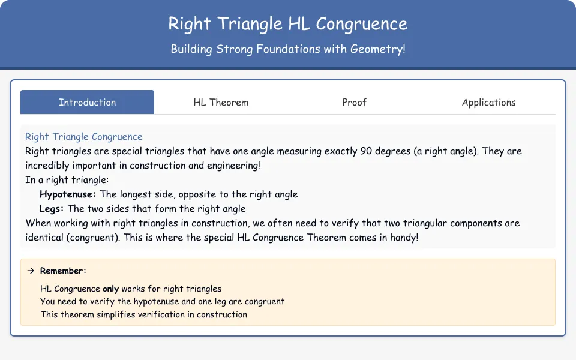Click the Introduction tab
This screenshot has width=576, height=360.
87,102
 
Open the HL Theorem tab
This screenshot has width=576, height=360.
221,102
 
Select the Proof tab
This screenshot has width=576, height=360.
355,102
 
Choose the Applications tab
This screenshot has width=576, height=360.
488,102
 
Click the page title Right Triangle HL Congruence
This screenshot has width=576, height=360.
287,24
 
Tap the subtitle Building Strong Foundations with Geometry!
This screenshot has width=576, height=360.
287,49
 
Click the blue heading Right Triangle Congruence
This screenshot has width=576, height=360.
84,137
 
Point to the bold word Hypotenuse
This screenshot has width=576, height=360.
66,194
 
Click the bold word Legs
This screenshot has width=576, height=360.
50,209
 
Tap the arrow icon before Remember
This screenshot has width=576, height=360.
31,271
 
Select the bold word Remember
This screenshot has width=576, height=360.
61,271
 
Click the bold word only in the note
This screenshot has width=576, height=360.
110,289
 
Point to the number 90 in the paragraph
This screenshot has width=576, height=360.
366,151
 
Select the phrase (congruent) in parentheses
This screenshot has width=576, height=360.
93,238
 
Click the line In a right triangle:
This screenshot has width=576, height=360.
67,180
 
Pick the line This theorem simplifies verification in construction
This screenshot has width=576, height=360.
143,314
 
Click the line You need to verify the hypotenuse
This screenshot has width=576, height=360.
162,302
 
